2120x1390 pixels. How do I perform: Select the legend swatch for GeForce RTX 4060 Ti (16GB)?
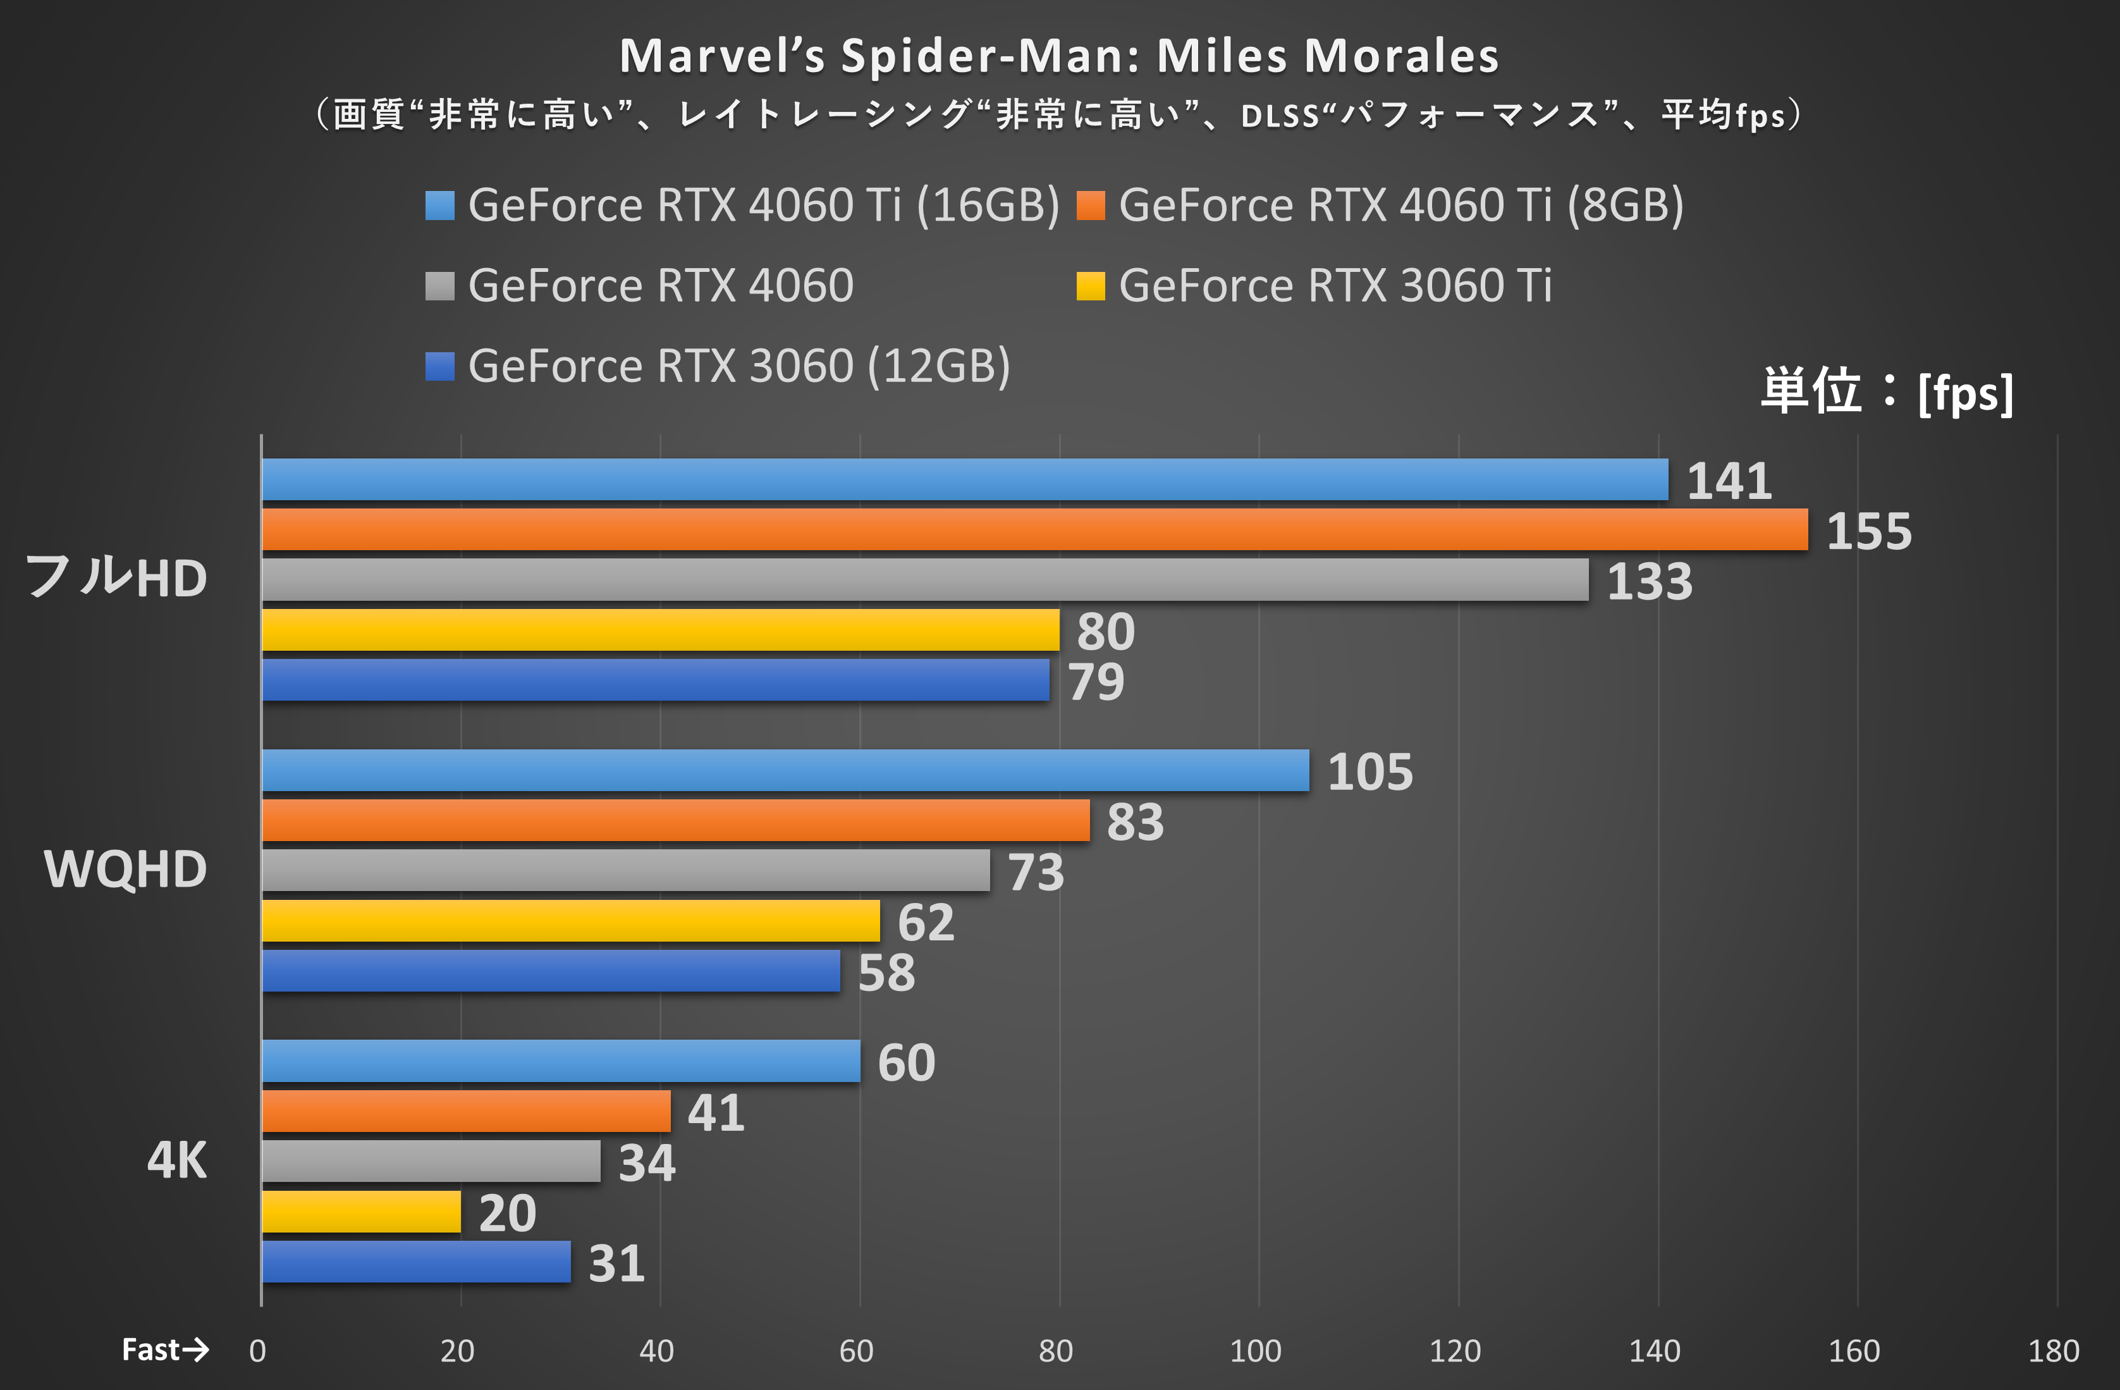[x=440, y=205]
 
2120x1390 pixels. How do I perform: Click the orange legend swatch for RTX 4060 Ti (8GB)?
[x=1090, y=205]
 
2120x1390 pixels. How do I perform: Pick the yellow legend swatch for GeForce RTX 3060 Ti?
[x=1090, y=286]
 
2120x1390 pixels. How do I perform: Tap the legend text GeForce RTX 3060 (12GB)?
[x=739, y=366]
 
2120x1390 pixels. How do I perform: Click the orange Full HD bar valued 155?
[x=1033, y=529]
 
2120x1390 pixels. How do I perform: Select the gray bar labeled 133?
[x=924, y=579]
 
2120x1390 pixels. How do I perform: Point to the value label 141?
[x=1729, y=481]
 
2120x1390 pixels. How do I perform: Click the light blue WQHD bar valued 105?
[x=785, y=770]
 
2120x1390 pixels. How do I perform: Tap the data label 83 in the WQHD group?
[x=1135, y=821]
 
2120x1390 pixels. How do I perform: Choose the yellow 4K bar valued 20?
[x=361, y=1212]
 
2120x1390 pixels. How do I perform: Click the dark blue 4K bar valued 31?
[x=416, y=1262]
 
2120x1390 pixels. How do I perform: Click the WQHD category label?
[x=126, y=870]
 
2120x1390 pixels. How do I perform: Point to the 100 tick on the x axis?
[x=1255, y=1351]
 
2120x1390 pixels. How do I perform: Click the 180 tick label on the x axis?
[x=2053, y=1351]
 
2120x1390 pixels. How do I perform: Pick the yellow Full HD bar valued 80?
[x=660, y=630]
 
